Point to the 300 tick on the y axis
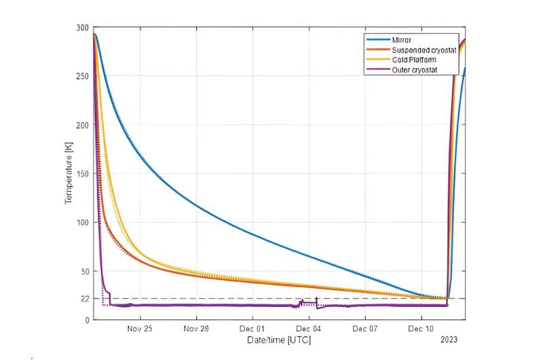click(82, 28)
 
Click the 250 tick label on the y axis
click(82, 76)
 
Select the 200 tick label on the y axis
click(82, 125)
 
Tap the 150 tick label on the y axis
click(82, 174)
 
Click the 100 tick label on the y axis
click(82, 223)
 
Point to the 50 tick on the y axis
click(84, 271)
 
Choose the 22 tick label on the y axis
click(84, 299)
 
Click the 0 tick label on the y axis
click(86, 320)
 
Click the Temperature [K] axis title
click(69, 174)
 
